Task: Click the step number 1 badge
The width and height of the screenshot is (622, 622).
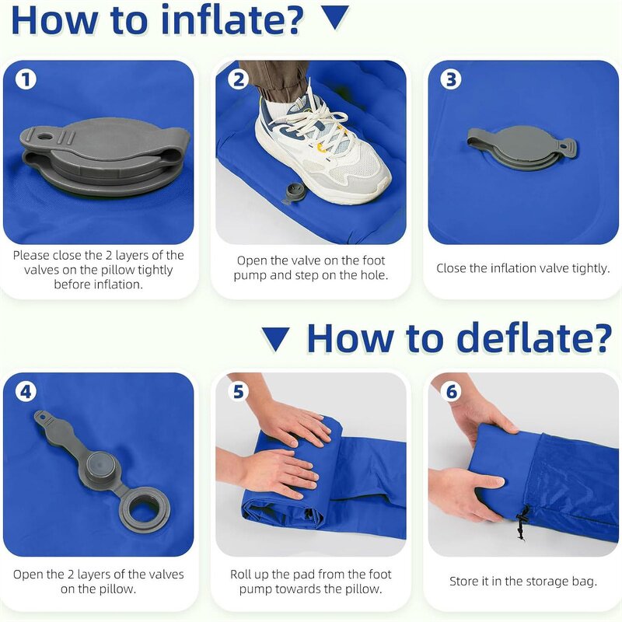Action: click(26, 79)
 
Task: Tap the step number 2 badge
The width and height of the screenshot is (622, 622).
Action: click(239, 79)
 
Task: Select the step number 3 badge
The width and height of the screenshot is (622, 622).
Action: click(450, 79)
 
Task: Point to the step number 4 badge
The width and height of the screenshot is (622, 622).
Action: click(26, 391)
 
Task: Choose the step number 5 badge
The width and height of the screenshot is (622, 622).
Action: click(239, 391)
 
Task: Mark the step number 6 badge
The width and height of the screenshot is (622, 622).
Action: click(451, 391)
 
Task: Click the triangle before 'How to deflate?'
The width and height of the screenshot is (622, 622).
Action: click(275, 338)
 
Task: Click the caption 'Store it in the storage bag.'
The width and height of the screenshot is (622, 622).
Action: click(523, 581)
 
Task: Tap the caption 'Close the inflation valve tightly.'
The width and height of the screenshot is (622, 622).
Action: click(523, 268)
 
